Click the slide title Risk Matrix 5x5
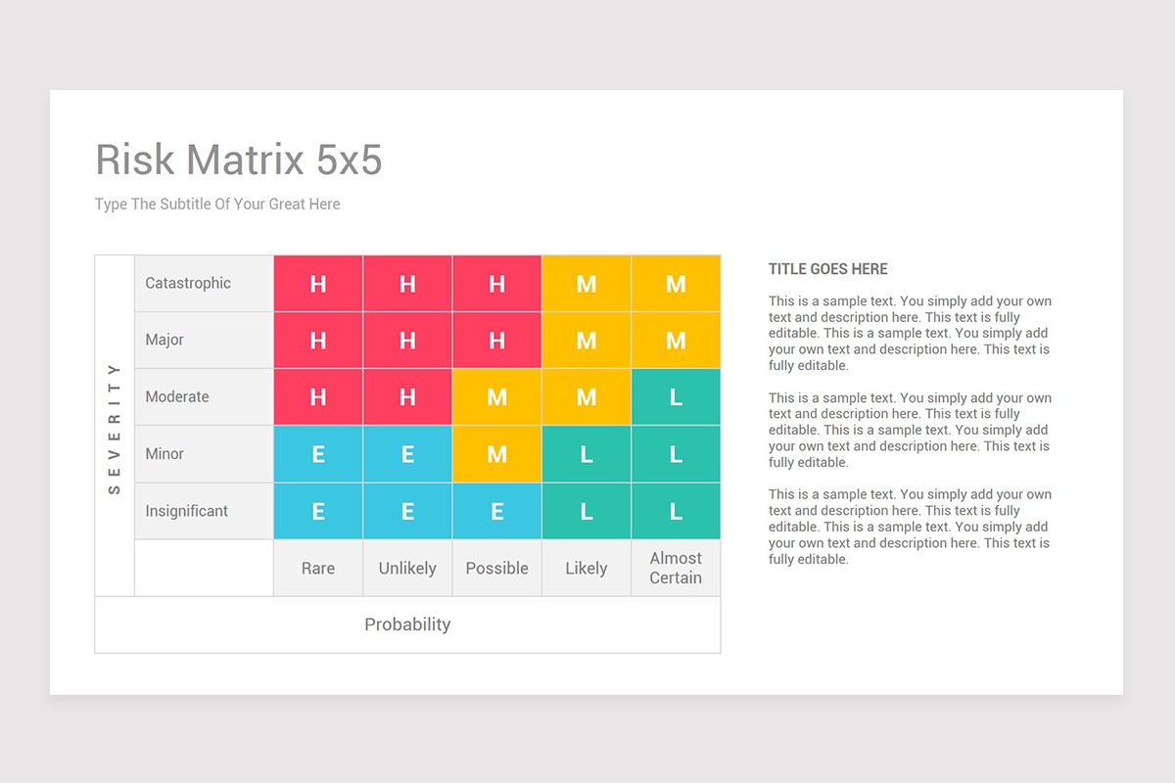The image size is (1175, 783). [x=238, y=160]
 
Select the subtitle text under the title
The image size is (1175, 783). [x=217, y=205]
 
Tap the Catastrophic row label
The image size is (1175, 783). [x=188, y=284]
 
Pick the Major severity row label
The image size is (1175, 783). [x=164, y=341]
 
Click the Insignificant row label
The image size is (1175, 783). [x=186, y=511]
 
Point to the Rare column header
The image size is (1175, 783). [x=318, y=569]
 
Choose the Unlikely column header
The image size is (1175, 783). [x=407, y=569]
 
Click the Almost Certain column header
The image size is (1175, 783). [x=676, y=569]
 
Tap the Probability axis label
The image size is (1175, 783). [x=407, y=624]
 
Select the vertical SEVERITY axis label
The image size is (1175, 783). [x=115, y=427]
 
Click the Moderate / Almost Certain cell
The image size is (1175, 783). [x=676, y=397]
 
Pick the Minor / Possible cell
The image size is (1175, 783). [x=496, y=454]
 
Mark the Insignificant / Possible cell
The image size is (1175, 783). [x=496, y=511]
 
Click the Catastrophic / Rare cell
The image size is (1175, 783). [x=318, y=284]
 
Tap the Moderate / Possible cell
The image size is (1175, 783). [x=496, y=397]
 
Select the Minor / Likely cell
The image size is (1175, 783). [x=587, y=454]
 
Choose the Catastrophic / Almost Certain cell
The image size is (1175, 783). [x=676, y=284]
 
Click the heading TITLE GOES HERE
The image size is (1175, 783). [x=827, y=269]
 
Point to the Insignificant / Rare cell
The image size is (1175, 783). [x=318, y=511]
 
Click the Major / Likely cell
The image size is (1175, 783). [x=587, y=341]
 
